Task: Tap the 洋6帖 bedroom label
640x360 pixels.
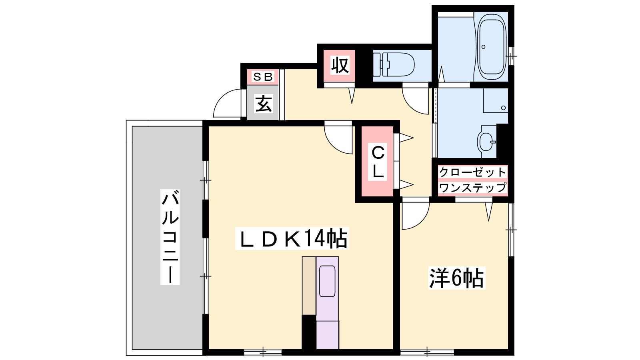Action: pos(456,278)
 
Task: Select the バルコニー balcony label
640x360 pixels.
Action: pos(170,237)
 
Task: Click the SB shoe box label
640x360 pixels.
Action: pos(263,76)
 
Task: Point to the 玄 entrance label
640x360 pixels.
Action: pos(263,103)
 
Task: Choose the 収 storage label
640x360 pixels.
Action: pos(340,66)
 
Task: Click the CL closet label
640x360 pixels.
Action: pos(378,162)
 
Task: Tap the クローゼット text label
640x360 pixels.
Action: pos(472,172)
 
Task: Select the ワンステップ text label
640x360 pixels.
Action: pos(472,188)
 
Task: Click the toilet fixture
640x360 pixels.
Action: pos(394,65)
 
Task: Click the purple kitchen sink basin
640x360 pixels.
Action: pos(327,281)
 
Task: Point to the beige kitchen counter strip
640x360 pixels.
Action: pos(309,286)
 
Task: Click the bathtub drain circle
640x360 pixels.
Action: pos(484,47)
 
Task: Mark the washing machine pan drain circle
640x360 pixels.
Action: pos(504,108)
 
